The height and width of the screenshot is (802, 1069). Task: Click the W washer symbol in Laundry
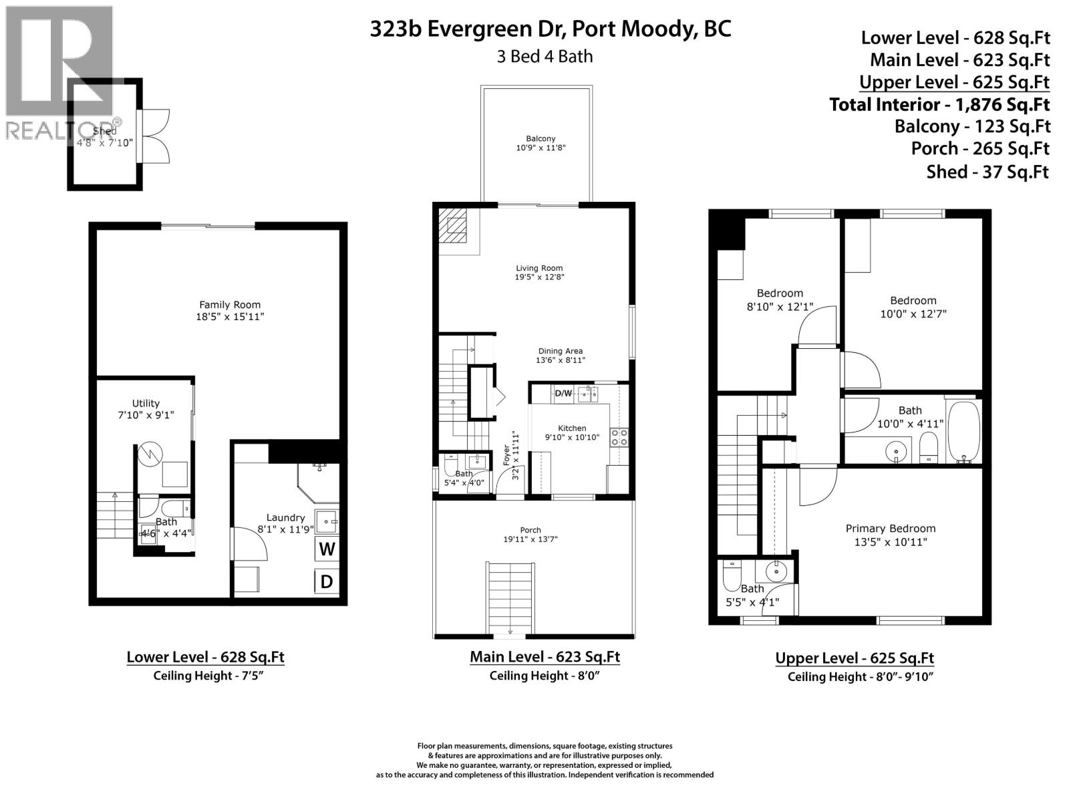[327, 549]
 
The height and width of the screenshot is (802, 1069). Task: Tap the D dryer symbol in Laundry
[327, 581]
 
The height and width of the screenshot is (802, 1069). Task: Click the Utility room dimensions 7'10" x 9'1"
[146, 415]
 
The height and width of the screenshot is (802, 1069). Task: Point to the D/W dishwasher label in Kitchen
[563, 393]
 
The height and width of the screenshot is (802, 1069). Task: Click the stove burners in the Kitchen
[619, 437]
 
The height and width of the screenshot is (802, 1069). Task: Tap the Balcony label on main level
[541, 139]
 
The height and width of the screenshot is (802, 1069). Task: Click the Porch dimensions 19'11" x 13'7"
[530, 539]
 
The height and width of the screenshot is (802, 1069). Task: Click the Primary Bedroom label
[891, 528]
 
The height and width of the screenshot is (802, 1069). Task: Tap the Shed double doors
[155, 136]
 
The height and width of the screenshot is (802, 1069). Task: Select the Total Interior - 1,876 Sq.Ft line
[939, 104]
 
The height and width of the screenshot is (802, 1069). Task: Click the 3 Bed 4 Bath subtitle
[545, 56]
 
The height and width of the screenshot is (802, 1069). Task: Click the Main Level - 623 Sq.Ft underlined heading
[545, 656]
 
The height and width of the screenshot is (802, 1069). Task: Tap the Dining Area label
[560, 351]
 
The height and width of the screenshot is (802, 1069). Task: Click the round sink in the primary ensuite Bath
[776, 571]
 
